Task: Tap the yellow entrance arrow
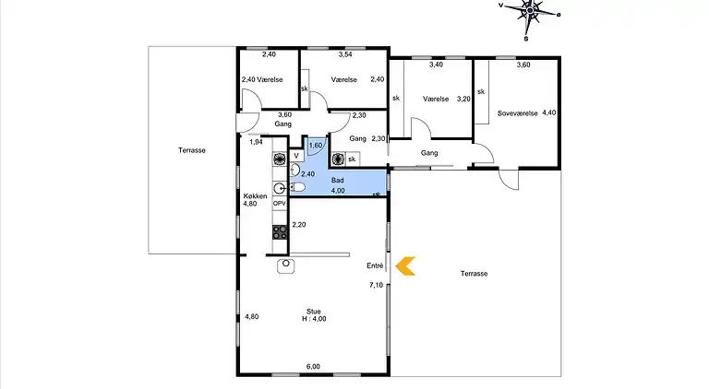(x=405, y=266)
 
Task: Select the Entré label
(x=375, y=265)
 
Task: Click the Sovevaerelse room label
(x=517, y=113)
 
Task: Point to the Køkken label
(x=255, y=196)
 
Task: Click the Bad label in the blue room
(x=337, y=180)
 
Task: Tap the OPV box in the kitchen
(x=280, y=204)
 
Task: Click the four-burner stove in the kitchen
(x=280, y=232)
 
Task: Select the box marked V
(x=296, y=156)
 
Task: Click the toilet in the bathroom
(x=296, y=187)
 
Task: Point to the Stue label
(x=313, y=312)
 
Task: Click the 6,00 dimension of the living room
(x=313, y=367)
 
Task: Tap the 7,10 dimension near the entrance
(x=377, y=285)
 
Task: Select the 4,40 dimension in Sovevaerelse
(x=549, y=112)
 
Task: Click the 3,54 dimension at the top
(x=345, y=54)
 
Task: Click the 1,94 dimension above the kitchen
(x=256, y=142)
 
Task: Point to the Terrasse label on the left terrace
(x=192, y=150)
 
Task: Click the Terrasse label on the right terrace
(x=474, y=274)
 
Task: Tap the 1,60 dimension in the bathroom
(x=316, y=146)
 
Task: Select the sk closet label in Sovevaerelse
(x=481, y=91)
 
